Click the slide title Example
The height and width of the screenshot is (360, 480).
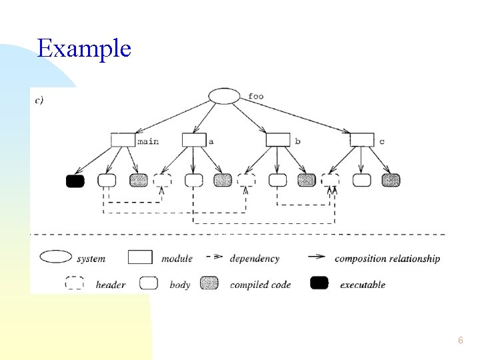(84, 49)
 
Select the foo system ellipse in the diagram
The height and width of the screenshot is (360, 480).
(225, 97)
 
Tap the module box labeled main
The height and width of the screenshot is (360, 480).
(123, 140)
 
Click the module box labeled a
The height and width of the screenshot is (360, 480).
(194, 140)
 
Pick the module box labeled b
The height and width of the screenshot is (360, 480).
(278, 140)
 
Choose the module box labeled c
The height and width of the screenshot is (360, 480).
(362, 140)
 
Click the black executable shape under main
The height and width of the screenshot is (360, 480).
(75, 181)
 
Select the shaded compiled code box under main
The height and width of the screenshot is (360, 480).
(139, 180)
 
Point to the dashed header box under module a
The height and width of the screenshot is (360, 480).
(162, 180)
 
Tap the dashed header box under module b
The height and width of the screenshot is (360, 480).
(247, 180)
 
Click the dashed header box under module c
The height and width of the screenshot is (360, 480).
(330, 180)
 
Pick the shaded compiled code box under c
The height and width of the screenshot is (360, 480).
(391, 180)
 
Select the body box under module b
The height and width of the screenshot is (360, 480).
(277, 180)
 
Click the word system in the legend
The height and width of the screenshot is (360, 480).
(91, 259)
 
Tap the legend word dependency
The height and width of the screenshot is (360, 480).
(255, 259)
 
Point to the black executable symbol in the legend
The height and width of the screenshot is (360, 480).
(319, 283)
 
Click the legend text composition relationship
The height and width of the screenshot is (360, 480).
(387, 259)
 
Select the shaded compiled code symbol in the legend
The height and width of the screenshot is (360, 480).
(209, 283)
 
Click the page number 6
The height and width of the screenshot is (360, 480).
(461, 340)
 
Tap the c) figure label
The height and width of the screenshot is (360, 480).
(39, 100)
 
